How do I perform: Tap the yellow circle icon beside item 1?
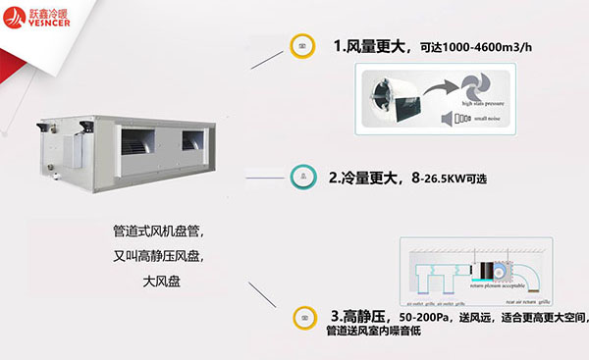tap(302, 45)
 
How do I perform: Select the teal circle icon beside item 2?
tap(302, 178)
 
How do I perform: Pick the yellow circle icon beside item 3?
tap(304, 318)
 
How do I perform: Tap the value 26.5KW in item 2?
tap(440, 180)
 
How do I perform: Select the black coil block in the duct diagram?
tap(474, 268)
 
